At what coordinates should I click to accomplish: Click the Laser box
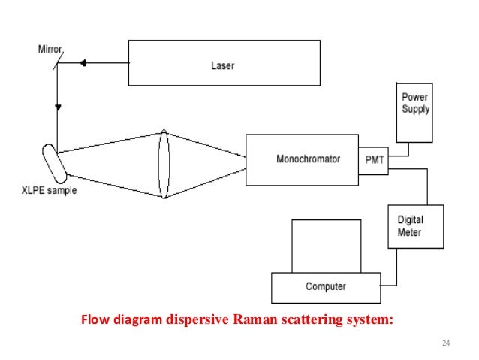click(x=221, y=65)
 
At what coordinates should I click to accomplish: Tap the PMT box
click(x=373, y=159)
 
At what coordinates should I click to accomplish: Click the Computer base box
click(x=326, y=286)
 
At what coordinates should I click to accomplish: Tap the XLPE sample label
click(x=48, y=190)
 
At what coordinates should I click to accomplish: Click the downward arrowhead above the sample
click(x=57, y=110)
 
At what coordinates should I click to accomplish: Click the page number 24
click(x=446, y=343)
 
